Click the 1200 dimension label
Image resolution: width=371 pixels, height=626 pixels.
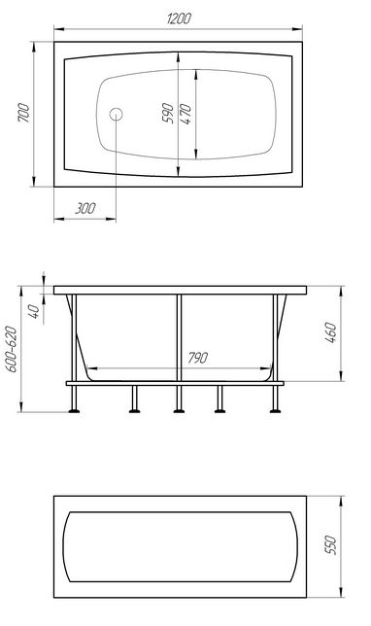click(179, 18)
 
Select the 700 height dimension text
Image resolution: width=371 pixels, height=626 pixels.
click(23, 113)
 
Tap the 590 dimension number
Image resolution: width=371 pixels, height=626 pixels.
click(168, 113)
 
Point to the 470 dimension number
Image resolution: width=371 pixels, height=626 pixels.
click(185, 114)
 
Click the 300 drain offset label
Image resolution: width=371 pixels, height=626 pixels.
click(84, 208)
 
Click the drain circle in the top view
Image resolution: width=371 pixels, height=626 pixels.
click(117, 115)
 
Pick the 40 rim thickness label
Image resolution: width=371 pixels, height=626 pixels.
click(34, 311)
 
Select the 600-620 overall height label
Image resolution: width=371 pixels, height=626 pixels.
click(13, 350)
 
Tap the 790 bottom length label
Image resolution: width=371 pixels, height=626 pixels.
click(197, 358)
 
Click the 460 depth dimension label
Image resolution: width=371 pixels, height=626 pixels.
click(331, 333)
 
